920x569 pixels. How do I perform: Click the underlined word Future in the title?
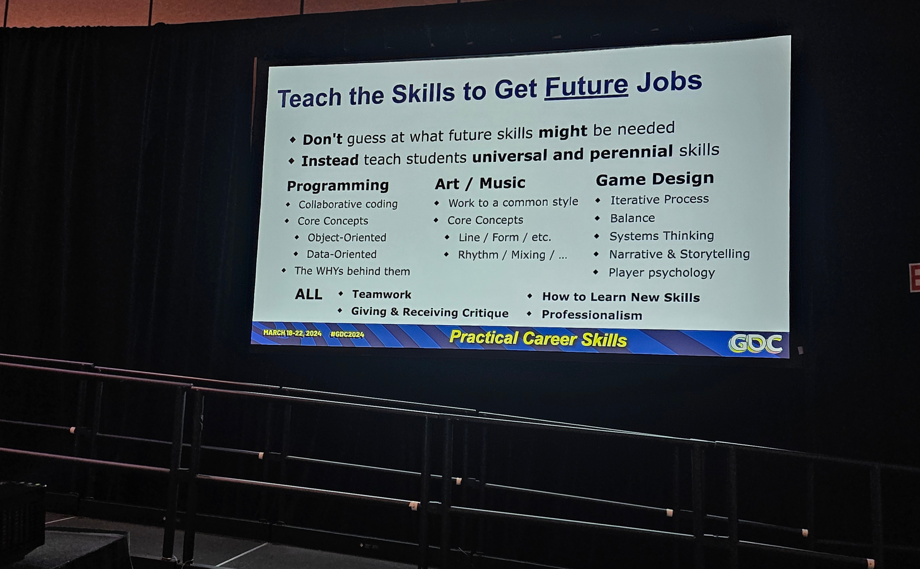(x=586, y=86)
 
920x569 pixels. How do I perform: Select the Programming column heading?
(x=338, y=185)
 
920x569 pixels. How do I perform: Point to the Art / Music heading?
(x=480, y=183)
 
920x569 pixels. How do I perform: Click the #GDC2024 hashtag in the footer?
(x=347, y=334)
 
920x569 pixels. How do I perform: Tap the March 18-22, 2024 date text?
(x=292, y=333)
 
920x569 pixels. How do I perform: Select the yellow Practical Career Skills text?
(x=538, y=338)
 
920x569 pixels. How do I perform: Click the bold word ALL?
(x=309, y=294)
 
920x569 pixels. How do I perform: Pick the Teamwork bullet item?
(x=381, y=294)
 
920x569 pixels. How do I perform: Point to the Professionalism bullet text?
(x=592, y=315)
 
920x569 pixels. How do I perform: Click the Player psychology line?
(x=661, y=273)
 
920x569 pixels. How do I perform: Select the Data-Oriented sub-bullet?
(x=342, y=254)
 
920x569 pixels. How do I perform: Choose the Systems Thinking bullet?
(x=662, y=236)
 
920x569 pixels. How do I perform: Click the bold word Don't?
(x=322, y=139)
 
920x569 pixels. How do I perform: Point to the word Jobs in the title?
(x=669, y=82)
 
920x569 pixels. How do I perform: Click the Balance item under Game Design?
(x=632, y=218)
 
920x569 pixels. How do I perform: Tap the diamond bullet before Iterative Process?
(x=598, y=200)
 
